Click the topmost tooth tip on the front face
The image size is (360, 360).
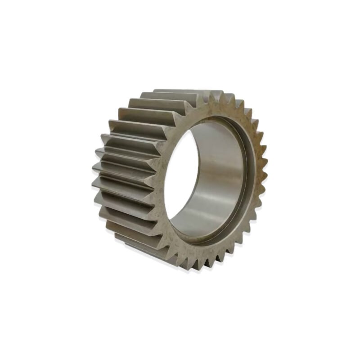pos(215,92)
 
